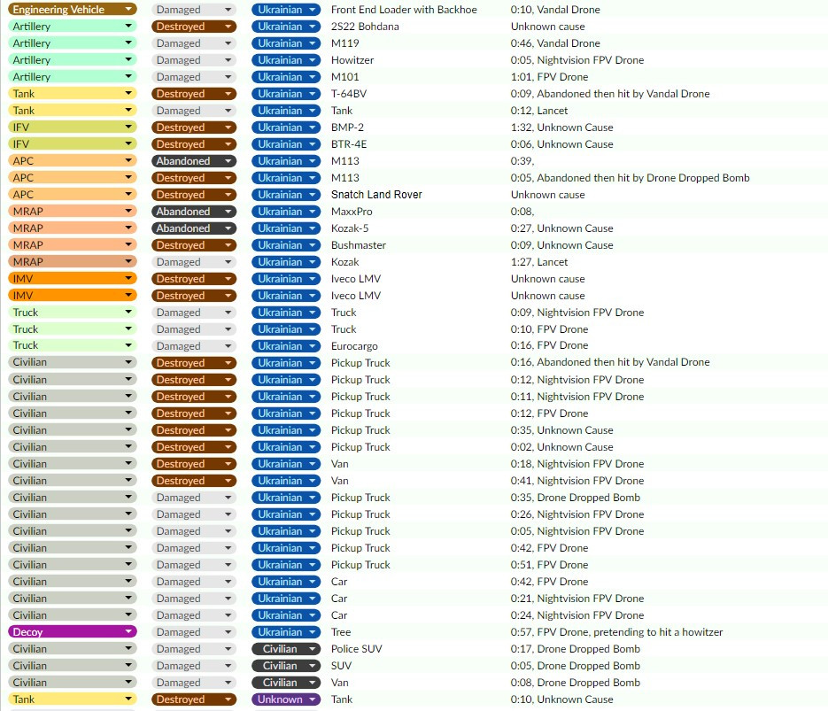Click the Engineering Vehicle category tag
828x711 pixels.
point(73,10)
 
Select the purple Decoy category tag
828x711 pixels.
point(73,632)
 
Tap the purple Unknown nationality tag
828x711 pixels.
point(286,699)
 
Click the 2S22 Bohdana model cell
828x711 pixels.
point(365,27)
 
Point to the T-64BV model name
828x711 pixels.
point(349,94)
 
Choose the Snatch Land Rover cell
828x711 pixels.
point(376,195)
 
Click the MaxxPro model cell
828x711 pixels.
point(352,212)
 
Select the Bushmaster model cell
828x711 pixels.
point(359,245)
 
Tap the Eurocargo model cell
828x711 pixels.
point(354,346)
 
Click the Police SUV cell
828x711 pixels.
point(357,649)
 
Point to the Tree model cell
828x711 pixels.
point(341,632)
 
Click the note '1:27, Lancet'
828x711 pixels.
point(539,262)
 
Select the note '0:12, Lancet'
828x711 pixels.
point(539,111)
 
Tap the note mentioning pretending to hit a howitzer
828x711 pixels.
point(616,632)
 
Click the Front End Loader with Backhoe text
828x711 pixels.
point(404,10)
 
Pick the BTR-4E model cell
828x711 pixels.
point(349,144)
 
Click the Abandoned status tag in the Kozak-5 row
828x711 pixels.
point(194,228)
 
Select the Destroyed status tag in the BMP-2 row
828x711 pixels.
point(194,128)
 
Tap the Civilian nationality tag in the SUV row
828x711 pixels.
point(286,666)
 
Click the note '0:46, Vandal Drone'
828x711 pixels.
point(555,43)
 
